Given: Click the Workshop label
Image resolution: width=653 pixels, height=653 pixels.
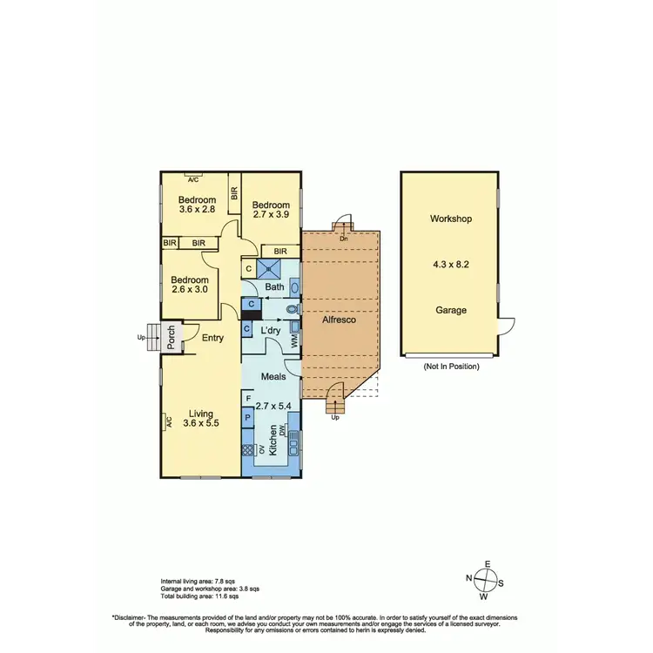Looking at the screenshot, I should click(451, 219).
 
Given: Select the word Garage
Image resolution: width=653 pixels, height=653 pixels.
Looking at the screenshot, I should click(451, 310).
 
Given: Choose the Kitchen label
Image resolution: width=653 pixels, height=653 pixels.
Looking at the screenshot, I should click(273, 441).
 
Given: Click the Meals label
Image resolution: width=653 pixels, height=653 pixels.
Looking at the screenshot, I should click(273, 377).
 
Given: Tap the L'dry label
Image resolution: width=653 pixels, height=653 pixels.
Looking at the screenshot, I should click(270, 331).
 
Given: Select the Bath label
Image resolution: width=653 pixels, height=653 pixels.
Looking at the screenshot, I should click(274, 287).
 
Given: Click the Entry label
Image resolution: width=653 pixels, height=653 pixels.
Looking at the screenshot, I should click(212, 338).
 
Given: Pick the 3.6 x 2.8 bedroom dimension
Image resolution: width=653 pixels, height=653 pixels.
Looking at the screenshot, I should click(197, 209).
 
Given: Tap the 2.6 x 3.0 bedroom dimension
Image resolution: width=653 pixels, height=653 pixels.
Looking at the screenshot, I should click(190, 289).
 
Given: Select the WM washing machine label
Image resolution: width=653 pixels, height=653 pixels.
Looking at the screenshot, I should click(294, 342).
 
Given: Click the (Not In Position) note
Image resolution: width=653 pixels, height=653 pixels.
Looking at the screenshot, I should click(451, 367).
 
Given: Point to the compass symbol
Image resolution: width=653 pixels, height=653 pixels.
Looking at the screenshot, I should click(488, 580).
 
